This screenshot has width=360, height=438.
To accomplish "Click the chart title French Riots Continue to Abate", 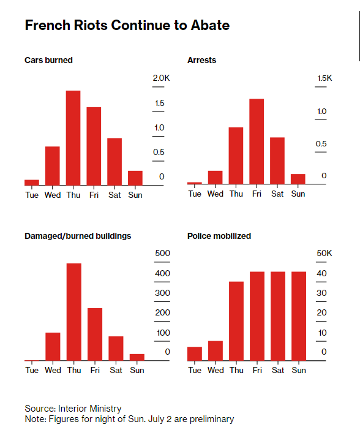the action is click(x=127, y=25).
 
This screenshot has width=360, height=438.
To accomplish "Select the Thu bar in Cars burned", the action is click(x=73, y=138).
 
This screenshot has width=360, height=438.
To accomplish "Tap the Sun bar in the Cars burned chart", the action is click(x=135, y=178).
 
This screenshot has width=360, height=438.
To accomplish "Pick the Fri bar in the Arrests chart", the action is click(x=257, y=142).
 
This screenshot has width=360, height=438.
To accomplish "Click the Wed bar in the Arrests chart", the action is click(x=216, y=178).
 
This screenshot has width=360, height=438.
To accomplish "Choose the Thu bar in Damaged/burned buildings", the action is click(x=74, y=312).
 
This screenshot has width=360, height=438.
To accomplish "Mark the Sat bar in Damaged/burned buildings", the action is click(x=116, y=349).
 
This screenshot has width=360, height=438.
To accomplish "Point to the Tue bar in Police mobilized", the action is click(x=195, y=353).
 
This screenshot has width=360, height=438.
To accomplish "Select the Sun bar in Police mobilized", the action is click(x=299, y=316).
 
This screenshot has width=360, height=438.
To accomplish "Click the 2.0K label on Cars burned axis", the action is click(x=161, y=78).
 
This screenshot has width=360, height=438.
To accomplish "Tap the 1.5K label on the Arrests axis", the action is click(x=324, y=78).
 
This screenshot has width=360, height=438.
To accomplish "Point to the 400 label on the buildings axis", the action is click(x=162, y=273).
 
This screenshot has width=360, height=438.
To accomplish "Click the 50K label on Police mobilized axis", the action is click(x=324, y=253).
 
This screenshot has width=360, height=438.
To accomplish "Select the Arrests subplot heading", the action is click(x=201, y=60).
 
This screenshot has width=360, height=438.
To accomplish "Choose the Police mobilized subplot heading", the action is click(x=219, y=236).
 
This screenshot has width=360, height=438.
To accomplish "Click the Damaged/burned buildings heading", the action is click(x=78, y=236).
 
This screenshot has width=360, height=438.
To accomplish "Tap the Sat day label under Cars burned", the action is click(x=114, y=195).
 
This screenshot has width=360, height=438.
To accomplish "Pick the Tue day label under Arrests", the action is click(x=195, y=194).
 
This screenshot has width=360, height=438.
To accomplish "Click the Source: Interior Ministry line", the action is click(x=73, y=409).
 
